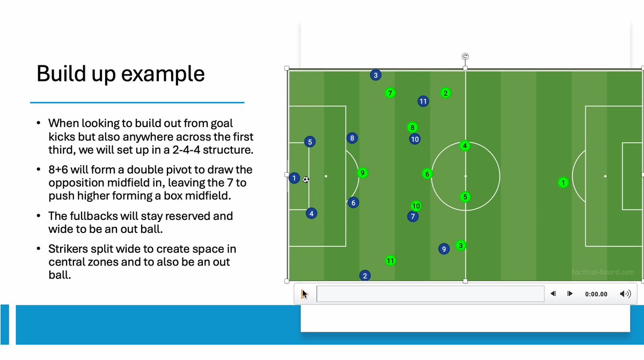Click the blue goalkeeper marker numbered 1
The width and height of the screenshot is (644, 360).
294,178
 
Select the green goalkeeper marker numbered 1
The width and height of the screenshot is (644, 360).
563,183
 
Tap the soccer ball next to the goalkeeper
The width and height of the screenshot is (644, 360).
306,180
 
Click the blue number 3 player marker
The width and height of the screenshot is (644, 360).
376,75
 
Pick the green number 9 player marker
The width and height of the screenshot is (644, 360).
363,173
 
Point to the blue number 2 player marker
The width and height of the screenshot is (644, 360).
365,276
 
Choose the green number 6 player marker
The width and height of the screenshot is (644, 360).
427,174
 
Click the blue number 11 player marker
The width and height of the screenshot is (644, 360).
423,101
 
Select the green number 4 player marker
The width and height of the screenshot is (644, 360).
465,145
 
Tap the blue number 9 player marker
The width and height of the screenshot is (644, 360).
443,249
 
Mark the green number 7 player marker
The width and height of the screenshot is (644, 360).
390,93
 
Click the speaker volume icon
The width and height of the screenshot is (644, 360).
625,293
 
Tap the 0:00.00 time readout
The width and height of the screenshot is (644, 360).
596,294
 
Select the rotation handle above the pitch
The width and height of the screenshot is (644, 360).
465,56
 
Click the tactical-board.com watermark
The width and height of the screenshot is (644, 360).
603,272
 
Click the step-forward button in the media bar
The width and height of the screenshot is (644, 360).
570,293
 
